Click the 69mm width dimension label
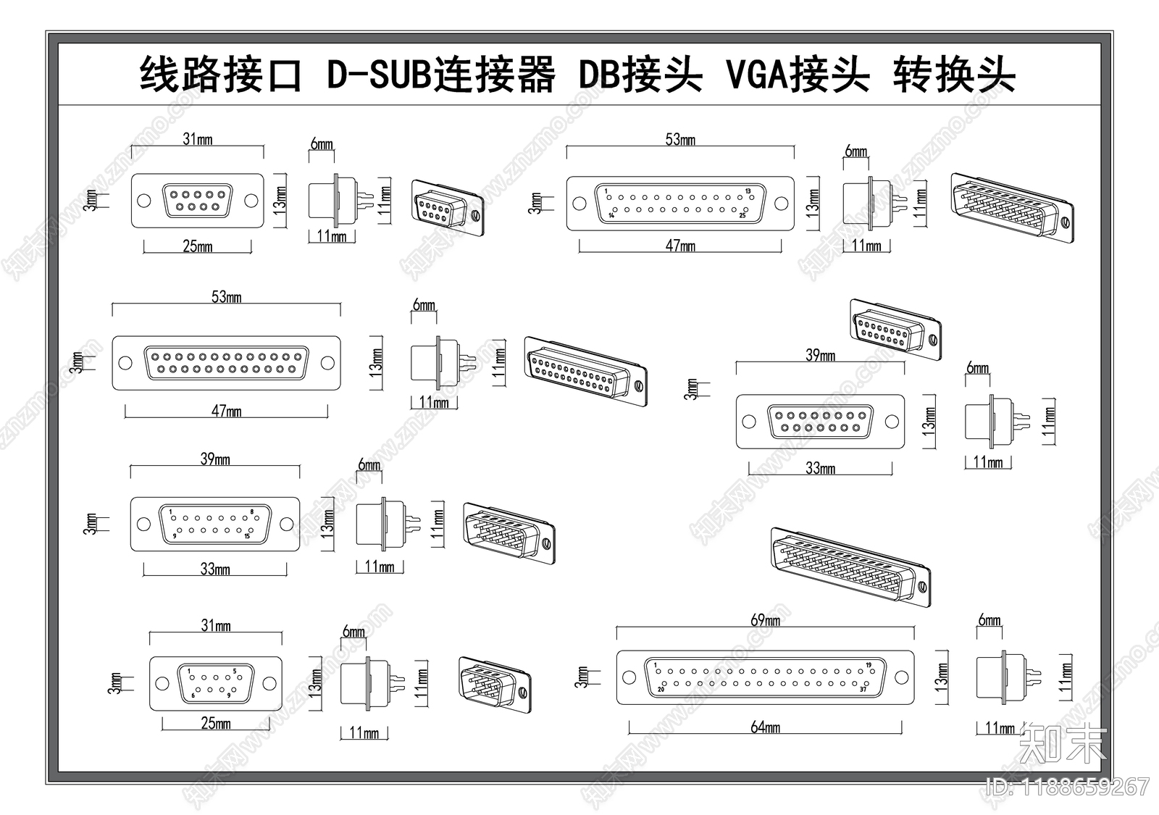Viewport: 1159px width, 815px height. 765,620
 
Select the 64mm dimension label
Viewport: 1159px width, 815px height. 765,727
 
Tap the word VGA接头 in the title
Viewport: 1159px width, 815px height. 798,75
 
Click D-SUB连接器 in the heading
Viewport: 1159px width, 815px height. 441,75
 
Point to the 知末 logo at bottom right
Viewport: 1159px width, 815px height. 1063,744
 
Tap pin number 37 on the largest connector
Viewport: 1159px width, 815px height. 863,690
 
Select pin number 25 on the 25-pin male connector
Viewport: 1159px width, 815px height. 742,215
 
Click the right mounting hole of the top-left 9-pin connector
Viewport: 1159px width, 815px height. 251,201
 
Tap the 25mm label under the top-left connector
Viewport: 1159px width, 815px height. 197,246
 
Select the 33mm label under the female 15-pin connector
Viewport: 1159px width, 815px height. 820,469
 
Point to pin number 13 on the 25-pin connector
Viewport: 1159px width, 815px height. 748,191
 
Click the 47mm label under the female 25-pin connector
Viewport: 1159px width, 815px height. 226,411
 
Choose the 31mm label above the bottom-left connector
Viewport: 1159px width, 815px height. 215,625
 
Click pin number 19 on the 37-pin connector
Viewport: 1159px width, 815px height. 869,664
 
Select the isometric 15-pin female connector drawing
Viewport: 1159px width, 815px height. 895,329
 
